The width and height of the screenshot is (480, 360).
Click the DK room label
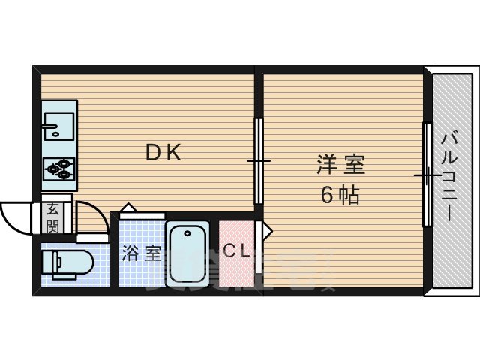tap(163, 153)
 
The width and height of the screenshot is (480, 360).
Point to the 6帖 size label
tap(340, 195)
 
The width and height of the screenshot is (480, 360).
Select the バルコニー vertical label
tap(450, 177)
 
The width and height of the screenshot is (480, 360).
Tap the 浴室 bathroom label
tap(142, 253)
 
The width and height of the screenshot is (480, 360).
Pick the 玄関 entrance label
tap(52, 217)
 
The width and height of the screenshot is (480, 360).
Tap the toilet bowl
tap(73, 264)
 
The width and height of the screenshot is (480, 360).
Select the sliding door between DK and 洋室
tap(259, 161)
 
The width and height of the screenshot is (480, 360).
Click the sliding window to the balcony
tap(427, 175)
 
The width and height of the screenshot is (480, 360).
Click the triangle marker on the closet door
tap(266, 232)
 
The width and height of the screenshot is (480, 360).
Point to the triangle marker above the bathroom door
tap(127, 208)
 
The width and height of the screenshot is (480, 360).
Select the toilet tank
tap(47, 264)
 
